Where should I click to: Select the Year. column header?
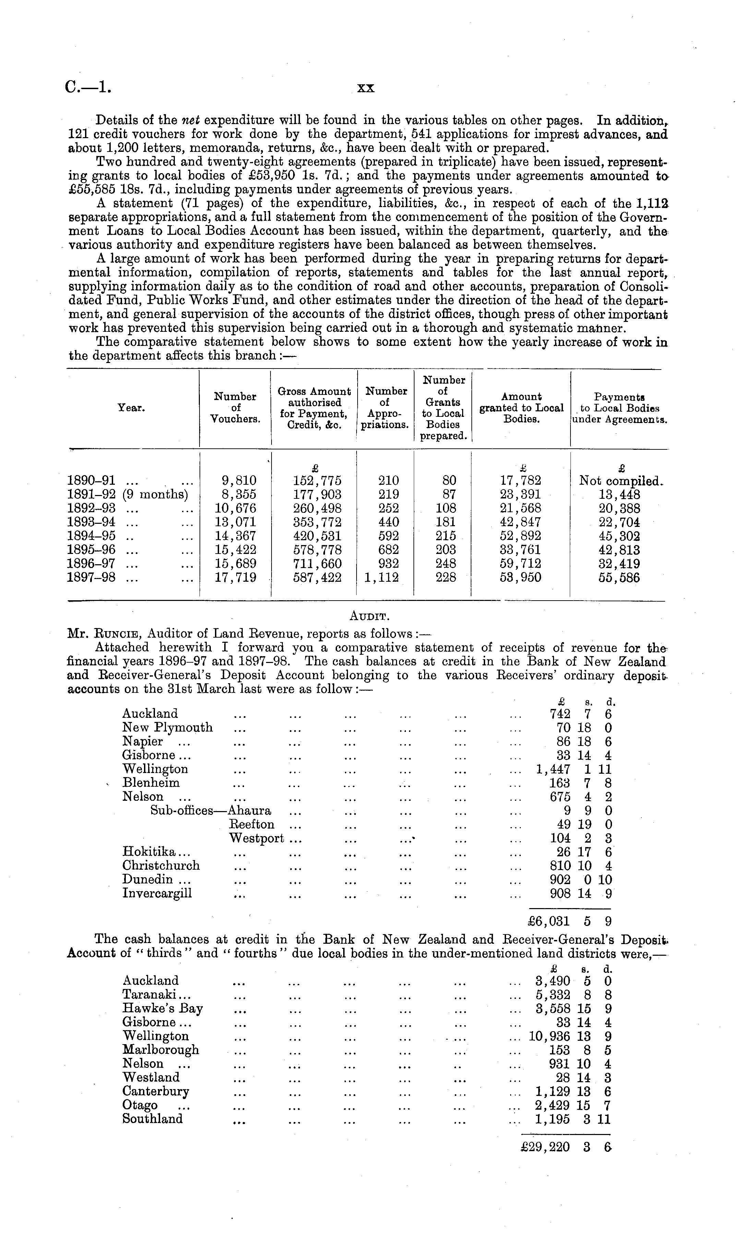coord(132,408)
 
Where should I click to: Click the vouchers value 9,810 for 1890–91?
coord(236,481)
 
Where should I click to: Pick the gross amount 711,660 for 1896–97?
coord(317,564)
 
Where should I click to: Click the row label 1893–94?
coord(91,522)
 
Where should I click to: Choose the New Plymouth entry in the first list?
coord(168,728)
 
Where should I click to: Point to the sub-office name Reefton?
coord(252,824)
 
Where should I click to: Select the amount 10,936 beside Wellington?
coord(550,1036)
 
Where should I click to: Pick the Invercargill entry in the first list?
coord(157,893)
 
